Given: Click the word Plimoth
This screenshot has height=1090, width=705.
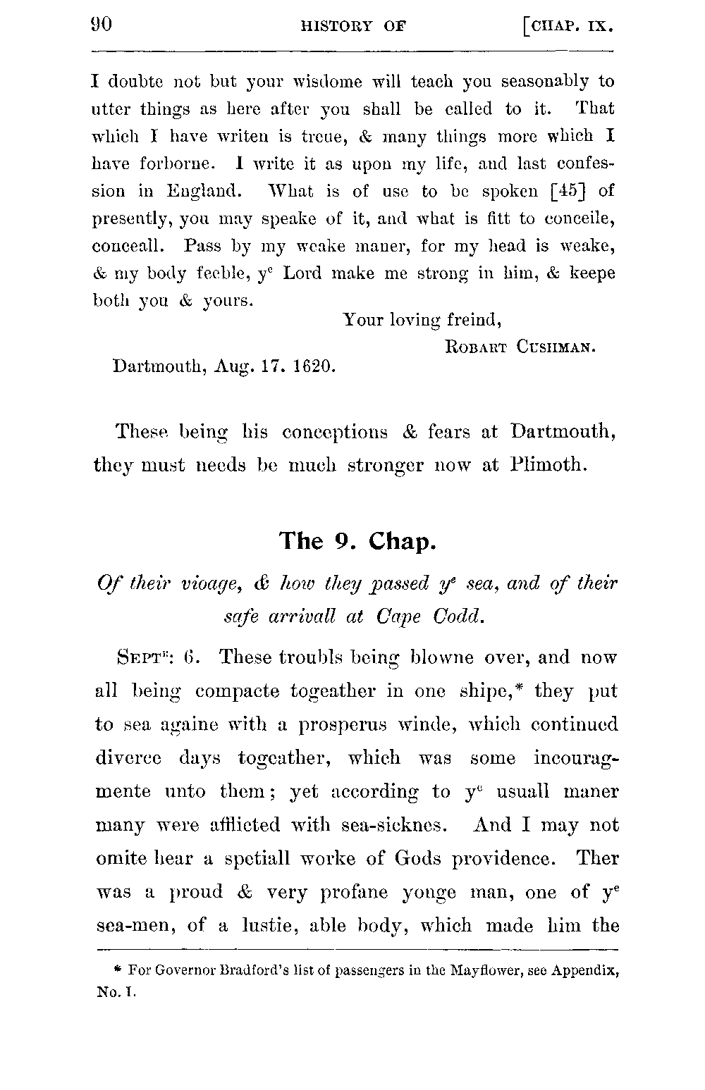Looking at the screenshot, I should click(549, 465).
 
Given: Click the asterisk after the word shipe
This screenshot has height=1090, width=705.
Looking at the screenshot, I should click(524, 686).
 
